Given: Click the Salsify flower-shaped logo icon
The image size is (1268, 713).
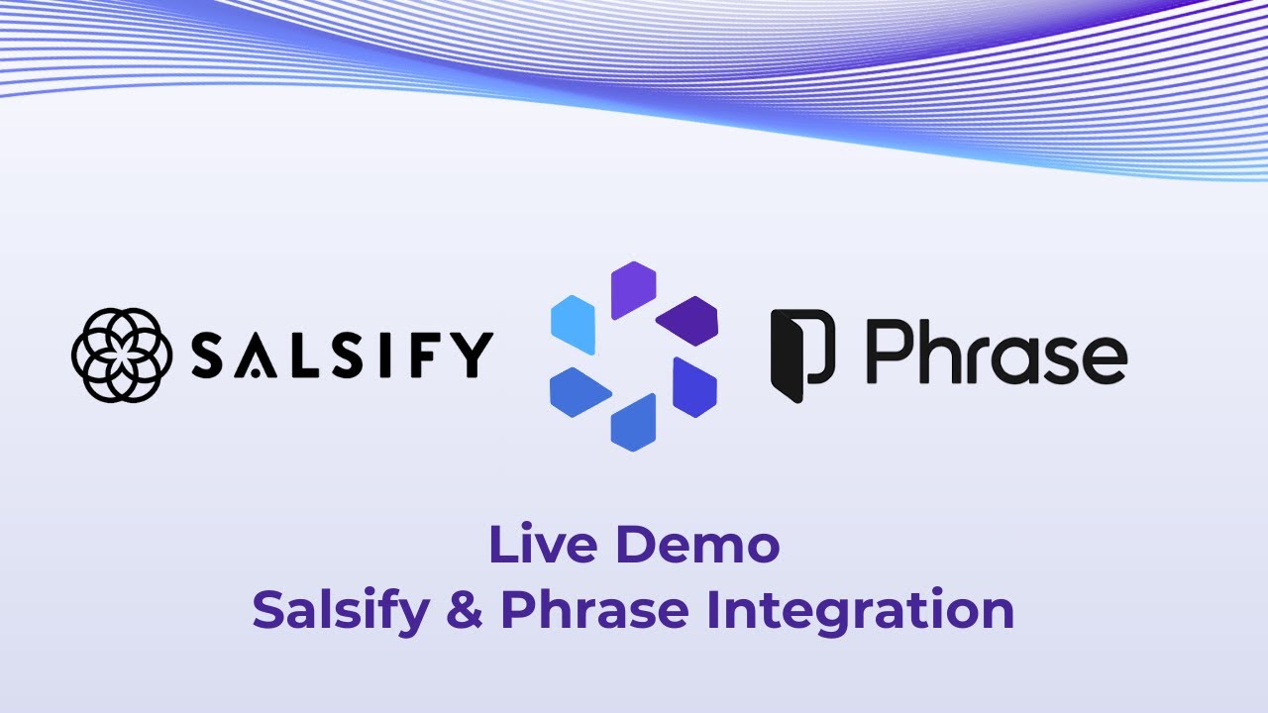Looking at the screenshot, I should tap(122, 356).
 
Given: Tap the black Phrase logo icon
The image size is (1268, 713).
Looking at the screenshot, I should tap(802, 356).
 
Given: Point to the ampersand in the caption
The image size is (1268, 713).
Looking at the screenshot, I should tap(466, 610).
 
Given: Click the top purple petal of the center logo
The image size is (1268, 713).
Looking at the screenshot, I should tap(634, 288).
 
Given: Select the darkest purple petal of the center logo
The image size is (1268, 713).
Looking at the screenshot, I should tap(687, 320).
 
